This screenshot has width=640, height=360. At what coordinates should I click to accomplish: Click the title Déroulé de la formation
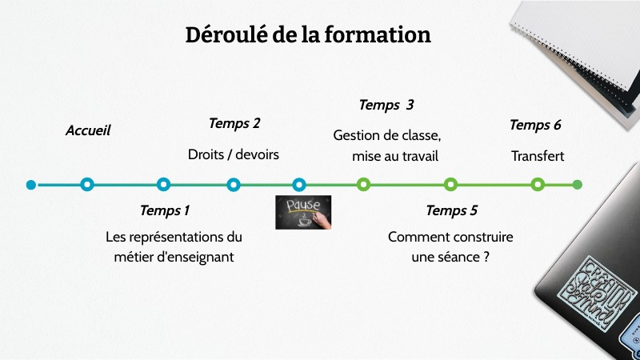[x=308, y=35]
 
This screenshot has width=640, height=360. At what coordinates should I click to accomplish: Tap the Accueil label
[x=88, y=130]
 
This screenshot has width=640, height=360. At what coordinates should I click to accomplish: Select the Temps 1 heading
[x=165, y=210]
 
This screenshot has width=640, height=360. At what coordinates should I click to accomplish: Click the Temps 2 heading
[x=234, y=123]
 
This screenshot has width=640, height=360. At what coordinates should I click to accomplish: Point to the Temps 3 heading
[x=386, y=105]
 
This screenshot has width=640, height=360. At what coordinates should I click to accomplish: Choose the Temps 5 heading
[x=451, y=210]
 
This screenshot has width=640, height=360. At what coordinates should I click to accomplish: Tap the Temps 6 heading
[x=535, y=125]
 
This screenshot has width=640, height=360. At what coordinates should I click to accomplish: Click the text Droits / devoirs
[x=234, y=154]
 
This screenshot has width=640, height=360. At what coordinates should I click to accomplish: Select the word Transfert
[x=538, y=156]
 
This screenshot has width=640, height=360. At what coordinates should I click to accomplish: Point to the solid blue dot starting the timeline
[x=31, y=185]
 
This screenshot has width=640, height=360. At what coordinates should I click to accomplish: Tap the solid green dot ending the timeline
[x=578, y=185]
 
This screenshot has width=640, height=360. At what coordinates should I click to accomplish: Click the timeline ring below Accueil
[x=87, y=185]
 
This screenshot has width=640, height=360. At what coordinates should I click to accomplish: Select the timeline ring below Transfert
[x=538, y=185]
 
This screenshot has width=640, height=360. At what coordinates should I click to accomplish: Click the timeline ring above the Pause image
[x=299, y=185]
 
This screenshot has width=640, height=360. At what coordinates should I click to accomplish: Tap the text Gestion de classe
[x=387, y=135]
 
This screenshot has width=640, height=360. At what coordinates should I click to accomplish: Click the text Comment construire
[x=450, y=237]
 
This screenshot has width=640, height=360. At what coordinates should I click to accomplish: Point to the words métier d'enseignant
[x=174, y=257]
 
